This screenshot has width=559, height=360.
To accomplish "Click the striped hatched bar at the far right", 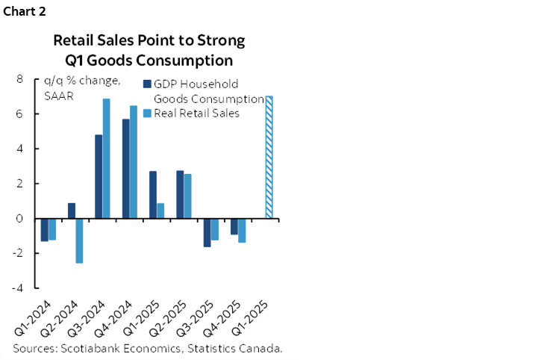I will [269, 158].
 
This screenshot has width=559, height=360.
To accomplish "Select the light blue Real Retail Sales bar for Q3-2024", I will [107, 158].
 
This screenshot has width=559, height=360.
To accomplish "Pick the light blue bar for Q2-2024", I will [79, 240].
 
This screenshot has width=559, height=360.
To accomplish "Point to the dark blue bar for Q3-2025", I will [207, 232].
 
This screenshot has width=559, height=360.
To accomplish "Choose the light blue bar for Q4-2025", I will [242, 231].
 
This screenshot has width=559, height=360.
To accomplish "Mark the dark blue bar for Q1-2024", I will [44, 230].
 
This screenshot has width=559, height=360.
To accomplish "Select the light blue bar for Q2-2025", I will [187, 196].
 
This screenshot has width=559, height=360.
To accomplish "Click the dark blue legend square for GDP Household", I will [147, 84].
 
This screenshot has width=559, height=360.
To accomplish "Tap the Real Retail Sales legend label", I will [196, 113].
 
